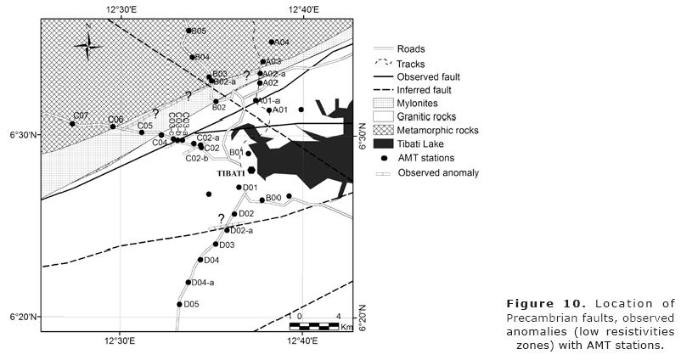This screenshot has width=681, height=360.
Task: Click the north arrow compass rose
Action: click(87, 47)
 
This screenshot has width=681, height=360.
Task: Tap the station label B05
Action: click(199, 31)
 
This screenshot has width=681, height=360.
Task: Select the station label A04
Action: click(281, 42)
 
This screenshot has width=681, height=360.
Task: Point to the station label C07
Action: click(81, 115)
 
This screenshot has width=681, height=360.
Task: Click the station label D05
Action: click(191, 304)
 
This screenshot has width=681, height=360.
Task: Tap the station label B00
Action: click(273, 198)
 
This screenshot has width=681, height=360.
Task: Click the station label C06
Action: click(115, 119)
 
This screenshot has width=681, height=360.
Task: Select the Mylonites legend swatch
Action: click(386, 103)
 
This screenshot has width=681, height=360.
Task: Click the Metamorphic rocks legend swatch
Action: click(386, 130)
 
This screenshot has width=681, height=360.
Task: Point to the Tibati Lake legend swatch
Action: click(386, 143)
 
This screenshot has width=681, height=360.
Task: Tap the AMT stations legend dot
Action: click(386, 158)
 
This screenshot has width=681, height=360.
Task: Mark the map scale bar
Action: click(315, 325)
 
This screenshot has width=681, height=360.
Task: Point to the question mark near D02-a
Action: click(222, 218)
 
